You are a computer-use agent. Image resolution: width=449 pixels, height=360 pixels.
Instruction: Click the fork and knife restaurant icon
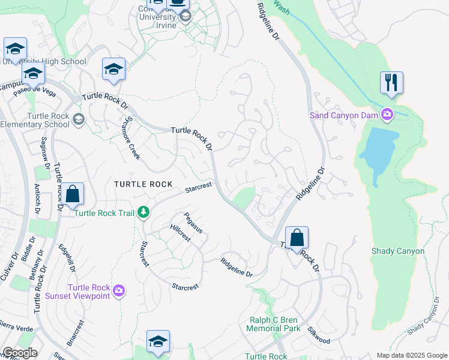pos(391,82)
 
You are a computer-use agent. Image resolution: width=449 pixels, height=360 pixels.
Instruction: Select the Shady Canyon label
pos(398,251)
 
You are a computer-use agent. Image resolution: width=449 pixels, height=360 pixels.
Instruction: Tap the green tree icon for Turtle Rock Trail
pos(143,212)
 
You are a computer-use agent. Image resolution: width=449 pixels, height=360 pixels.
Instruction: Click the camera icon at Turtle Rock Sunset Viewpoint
pos(118,291)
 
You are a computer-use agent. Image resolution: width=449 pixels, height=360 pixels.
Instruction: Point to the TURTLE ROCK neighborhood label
pos(144,184)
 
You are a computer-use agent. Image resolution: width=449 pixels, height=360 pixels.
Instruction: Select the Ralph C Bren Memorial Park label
pos(274,325)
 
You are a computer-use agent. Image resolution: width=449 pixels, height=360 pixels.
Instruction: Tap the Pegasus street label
pos(193,223)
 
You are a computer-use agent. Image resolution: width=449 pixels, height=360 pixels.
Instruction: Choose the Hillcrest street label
pos(180,233)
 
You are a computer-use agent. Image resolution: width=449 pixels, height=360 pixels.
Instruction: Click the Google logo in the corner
pos(20,353)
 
